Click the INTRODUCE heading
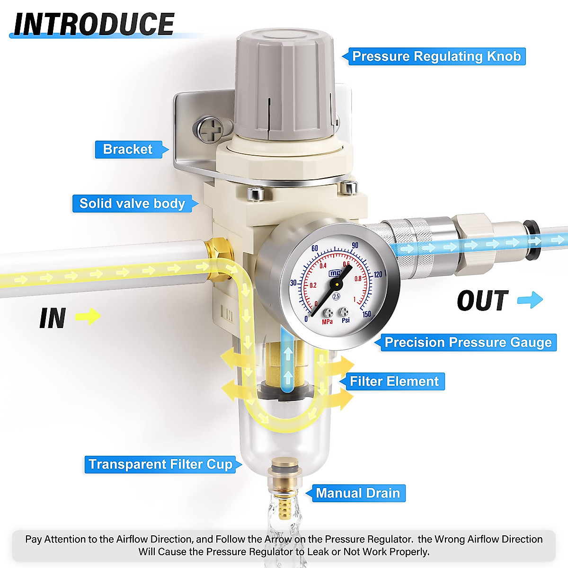coord(94,25)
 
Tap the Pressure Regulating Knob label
coord(436,56)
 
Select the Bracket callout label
coord(128,149)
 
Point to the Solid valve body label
coord(132,204)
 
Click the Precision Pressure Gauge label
coord(468,342)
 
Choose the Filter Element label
coord(394,381)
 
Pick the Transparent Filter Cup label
coord(160,464)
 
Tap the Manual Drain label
coord(358,493)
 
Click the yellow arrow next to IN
coord(88,316)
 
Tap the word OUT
coord(483,301)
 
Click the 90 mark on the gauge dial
coord(355,246)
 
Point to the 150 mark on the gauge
coord(367,314)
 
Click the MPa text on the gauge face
coord(327,322)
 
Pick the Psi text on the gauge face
coord(346,320)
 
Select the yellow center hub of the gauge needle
coord(337,284)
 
